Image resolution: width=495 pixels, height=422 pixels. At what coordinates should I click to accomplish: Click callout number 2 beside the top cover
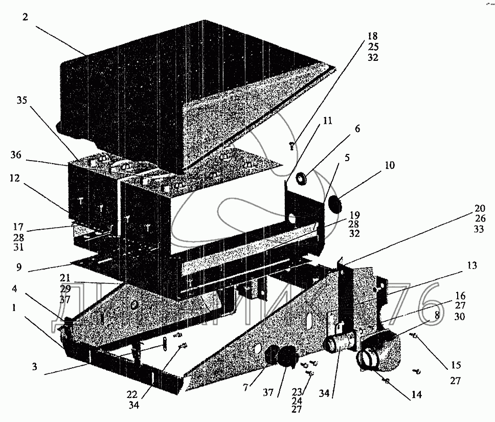pyautogui.click(x=25, y=17)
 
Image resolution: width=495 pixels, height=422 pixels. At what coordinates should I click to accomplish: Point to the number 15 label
pyautogui.click(x=456, y=366)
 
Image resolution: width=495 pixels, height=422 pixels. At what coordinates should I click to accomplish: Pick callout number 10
pyautogui.click(x=390, y=166)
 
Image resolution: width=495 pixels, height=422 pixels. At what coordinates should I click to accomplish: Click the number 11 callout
pyautogui.click(x=327, y=121)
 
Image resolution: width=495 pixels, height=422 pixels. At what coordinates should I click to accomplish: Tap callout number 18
pyautogui.click(x=372, y=36)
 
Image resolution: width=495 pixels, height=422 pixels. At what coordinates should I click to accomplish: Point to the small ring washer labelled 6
pyautogui.click(x=302, y=178)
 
